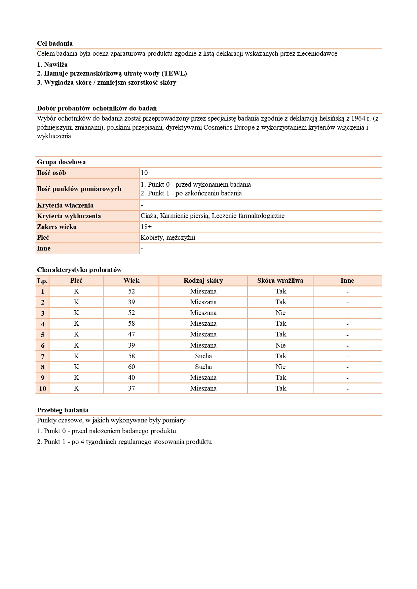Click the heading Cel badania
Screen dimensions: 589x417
click(55, 43)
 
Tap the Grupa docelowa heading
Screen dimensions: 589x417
click(61, 162)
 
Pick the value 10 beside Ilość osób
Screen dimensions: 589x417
click(144, 173)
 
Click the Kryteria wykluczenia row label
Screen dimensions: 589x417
click(69, 216)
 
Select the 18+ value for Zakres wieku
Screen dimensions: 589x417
click(146, 227)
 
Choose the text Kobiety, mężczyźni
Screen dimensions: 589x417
click(168, 237)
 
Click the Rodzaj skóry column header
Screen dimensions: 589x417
click(203, 280)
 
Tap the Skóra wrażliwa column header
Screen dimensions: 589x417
click(280, 280)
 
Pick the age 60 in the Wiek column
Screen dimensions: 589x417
click(131, 367)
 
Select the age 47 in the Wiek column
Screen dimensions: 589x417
click(131, 334)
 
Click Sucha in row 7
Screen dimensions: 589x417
click(203, 356)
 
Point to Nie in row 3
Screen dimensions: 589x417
click(280, 313)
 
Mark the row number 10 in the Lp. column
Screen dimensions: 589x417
click(42, 389)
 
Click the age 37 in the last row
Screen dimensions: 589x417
click(131, 388)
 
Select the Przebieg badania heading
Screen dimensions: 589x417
click(63, 410)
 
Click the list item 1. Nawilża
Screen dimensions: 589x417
click(52, 64)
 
